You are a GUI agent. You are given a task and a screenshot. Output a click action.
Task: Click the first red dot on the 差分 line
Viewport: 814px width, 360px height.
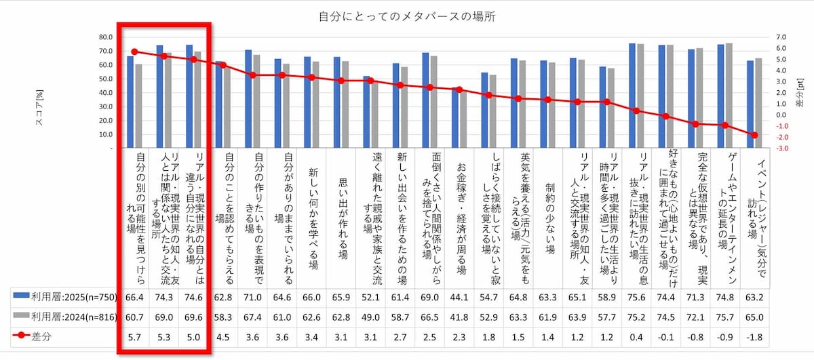pyautogui.click(x=134, y=52)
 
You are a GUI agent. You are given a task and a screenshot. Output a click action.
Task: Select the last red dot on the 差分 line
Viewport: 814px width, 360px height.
pyautogui.click(x=754, y=135)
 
